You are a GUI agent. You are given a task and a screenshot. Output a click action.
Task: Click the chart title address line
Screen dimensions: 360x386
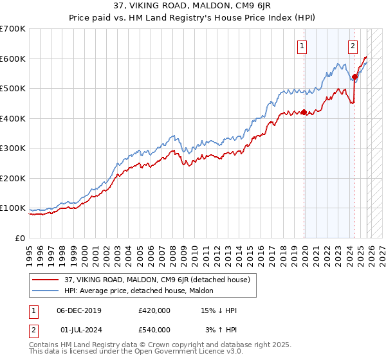coord(193,6)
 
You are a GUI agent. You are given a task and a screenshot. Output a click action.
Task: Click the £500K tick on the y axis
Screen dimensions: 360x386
coord(13,88)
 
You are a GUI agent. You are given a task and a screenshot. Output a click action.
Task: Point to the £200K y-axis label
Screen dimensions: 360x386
coord(13,178)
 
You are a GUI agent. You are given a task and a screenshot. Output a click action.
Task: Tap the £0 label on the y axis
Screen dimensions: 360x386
coord(19,238)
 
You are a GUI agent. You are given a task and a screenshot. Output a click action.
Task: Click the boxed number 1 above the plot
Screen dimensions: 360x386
coord(302,46)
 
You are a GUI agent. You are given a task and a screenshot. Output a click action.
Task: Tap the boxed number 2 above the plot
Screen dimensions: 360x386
coord(353,46)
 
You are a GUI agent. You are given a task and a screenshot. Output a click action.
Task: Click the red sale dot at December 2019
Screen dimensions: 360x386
coord(304,113)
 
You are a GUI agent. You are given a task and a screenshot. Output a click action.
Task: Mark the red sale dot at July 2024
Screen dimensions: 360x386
coord(354,76)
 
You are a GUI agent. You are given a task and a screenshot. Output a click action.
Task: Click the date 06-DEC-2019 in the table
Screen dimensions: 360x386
coord(83,310)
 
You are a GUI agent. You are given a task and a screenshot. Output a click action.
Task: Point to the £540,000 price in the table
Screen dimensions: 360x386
coord(154,330)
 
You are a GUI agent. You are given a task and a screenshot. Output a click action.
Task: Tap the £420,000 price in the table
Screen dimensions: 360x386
coord(154,310)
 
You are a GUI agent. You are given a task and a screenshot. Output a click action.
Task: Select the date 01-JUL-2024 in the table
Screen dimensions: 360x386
coord(83,330)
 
